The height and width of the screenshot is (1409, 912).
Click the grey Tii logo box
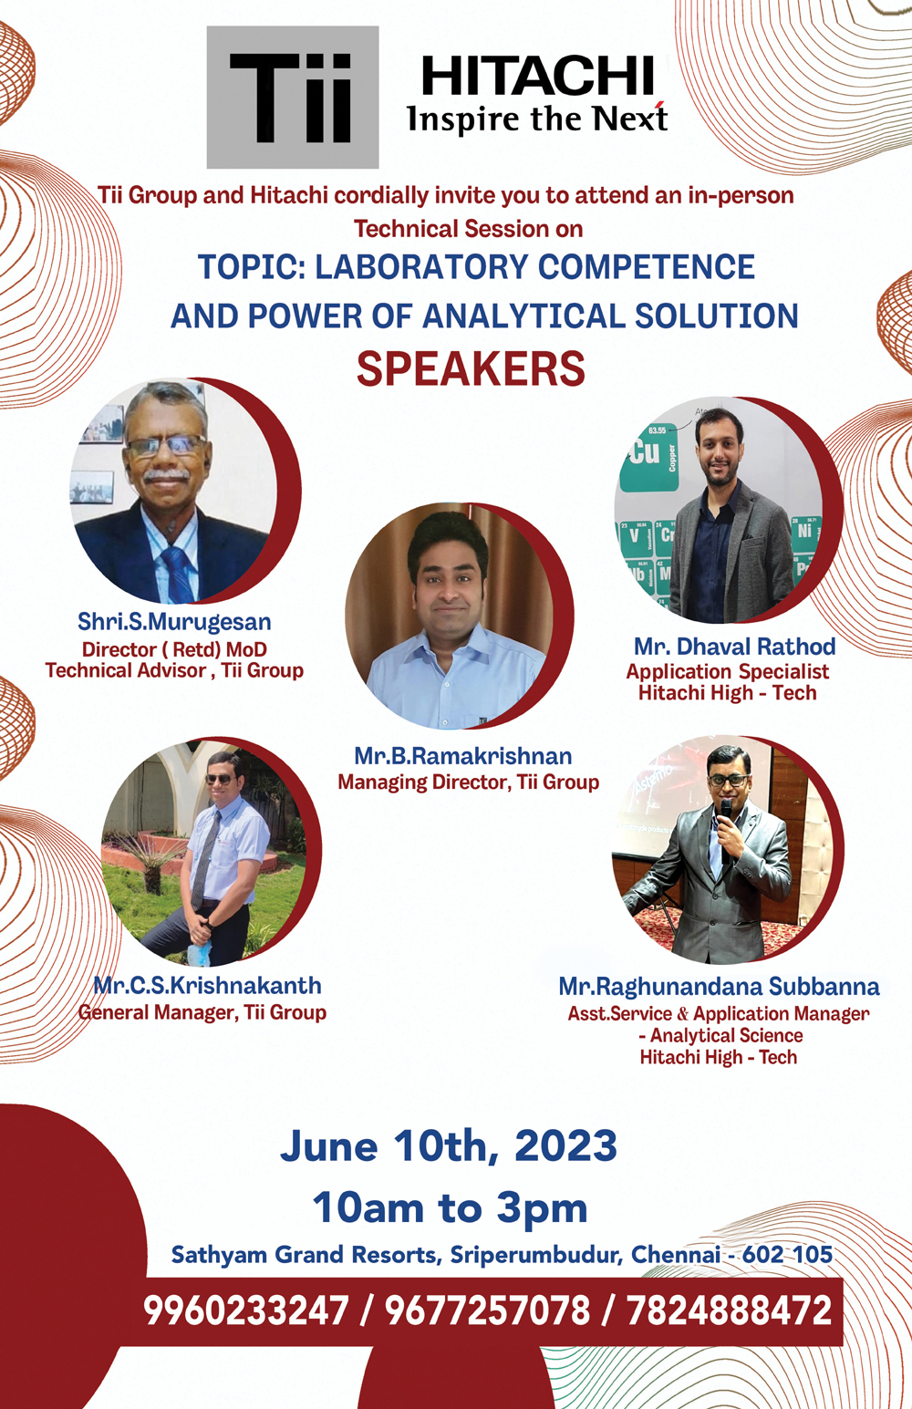293,97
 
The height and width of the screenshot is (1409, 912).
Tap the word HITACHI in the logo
538,76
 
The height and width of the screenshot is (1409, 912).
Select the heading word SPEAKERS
471,368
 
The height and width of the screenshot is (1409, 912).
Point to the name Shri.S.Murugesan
174,621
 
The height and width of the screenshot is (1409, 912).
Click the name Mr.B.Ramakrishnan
463,755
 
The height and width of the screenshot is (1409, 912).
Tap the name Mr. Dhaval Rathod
735,646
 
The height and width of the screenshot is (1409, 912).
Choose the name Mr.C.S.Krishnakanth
208,985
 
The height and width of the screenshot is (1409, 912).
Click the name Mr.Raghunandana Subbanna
719,987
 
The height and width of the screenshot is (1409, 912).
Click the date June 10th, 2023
449,1145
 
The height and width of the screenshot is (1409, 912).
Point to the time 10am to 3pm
450,1207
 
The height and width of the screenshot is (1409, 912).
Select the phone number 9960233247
245,1311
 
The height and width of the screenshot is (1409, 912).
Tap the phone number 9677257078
487,1311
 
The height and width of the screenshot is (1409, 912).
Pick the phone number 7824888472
729,1311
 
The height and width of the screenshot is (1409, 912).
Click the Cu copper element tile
648,456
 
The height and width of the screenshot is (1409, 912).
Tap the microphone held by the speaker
726,823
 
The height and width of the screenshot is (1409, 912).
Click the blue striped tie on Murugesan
176,573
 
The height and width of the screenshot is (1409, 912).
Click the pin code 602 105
787,1254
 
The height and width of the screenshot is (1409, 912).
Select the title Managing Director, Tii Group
469,782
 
